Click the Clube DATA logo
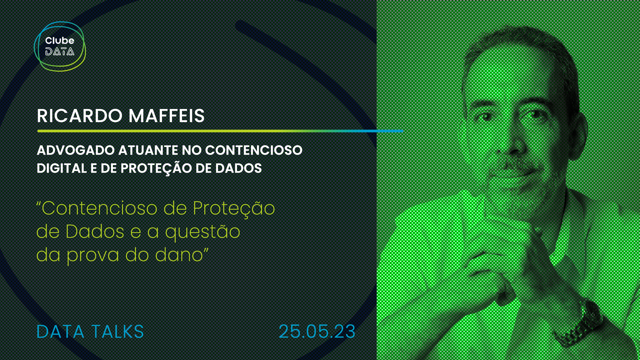tap(60, 46)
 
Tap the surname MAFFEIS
tap(167, 116)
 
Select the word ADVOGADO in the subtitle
tap(76, 150)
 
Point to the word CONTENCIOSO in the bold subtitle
tap(254, 150)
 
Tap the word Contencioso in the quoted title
tap(99, 208)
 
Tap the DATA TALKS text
tap(90, 332)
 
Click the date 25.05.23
tap(317, 332)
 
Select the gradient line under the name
tap(220, 131)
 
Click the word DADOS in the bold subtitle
tap(238, 168)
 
